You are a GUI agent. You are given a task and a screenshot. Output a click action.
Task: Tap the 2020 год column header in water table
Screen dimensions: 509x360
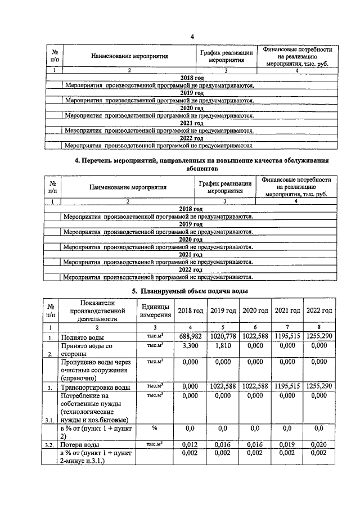255,310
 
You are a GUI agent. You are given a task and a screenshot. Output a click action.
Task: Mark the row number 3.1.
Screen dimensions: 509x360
51,419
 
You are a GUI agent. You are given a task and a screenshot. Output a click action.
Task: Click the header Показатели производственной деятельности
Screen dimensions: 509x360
94,310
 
